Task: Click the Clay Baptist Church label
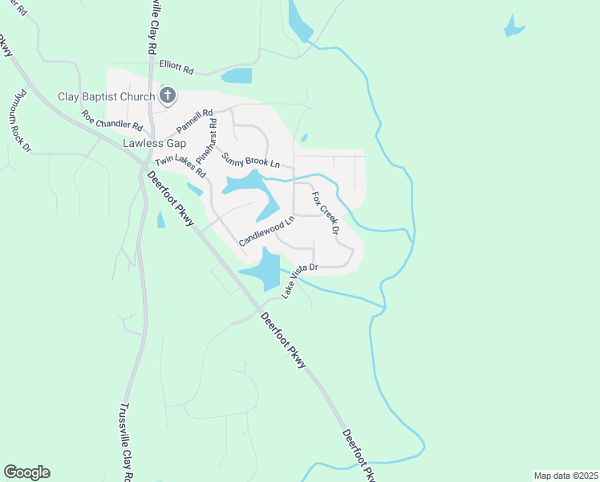[107, 97]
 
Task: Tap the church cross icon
[168, 97]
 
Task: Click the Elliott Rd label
[176, 70]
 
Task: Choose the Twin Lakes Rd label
[180, 167]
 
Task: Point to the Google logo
[26, 472]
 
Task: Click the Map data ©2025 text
[565, 475]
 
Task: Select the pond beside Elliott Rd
[237, 76]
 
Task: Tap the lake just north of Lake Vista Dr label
[268, 269]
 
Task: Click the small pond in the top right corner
[513, 27]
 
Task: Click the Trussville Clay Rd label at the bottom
[127, 442]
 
